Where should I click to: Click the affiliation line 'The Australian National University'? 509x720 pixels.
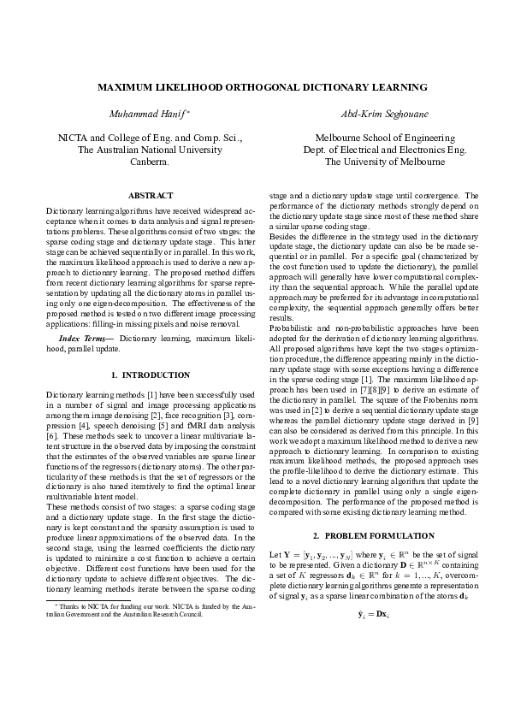(150, 149)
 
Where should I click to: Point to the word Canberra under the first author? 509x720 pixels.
(150, 161)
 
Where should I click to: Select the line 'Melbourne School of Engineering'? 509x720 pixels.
(373, 137)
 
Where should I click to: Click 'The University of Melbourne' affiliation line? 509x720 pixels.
(373, 161)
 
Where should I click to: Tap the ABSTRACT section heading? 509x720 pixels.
(150, 196)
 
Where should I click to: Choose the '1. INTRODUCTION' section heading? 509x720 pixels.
(150, 375)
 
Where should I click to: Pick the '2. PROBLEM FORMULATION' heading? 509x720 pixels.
(373, 535)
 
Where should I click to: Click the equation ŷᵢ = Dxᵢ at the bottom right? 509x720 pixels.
(373, 613)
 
